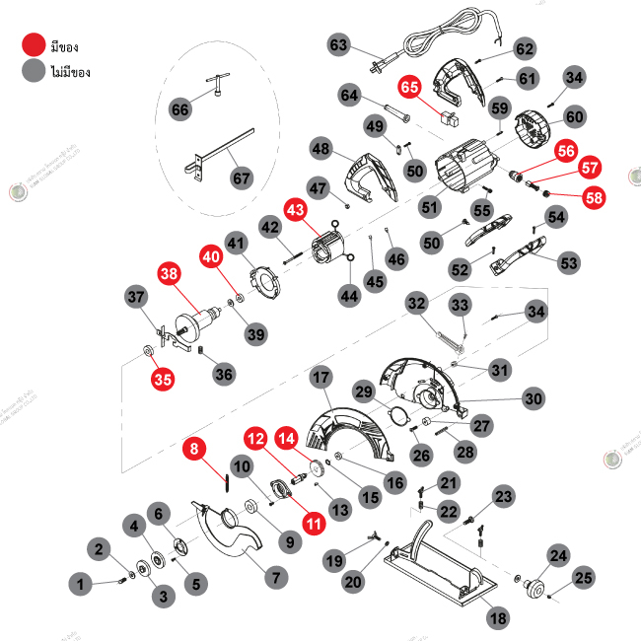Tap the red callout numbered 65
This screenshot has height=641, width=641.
coord(410,89)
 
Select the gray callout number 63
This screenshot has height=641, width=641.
coord(339,45)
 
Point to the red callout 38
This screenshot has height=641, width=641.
coord(170,273)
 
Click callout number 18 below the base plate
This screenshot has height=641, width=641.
coord(498,618)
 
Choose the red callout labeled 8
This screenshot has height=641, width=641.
coord(194,449)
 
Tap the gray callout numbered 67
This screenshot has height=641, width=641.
coord(242,178)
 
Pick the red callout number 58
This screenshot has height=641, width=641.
coord(594,197)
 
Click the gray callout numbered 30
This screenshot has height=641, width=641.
coord(533,398)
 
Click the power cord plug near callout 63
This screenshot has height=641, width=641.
coord(377,68)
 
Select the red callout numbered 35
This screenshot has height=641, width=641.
coord(162,377)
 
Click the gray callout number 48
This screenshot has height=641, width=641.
coord(320,149)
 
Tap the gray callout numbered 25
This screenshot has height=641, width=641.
coord(584,578)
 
